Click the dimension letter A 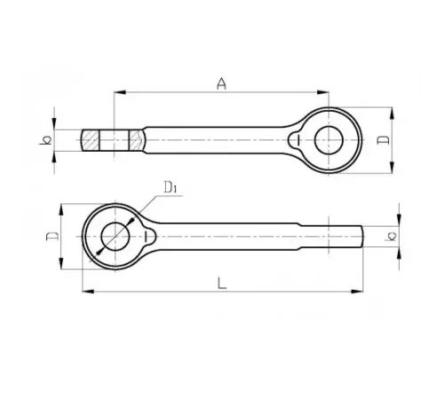pyautogui.click(x=221, y=83)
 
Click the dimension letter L pyautogui.click(x=222, y=283)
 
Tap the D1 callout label pyautogui.click(x=170, y=187)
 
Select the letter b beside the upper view pyautogui.click(x=45, y=140)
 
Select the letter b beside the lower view pyautogui.click(x=392, y=236)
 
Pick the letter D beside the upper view pyautogui.click(x=384, y=140)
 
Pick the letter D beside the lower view pyautogui.click(x=52, y=236)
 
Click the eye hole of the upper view pyautogui.click(x=329, y=140)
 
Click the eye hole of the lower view pyautogui.click(x=115, y=237)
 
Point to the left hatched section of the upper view pyautogui.click(x=91, y=140)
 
